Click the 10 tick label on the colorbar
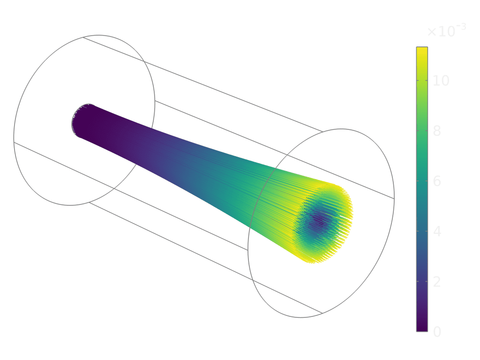[x=441, y=81]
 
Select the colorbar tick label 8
[x=437, y=131]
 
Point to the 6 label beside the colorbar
[x=437, y=181]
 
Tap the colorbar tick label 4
[x=437, y=232]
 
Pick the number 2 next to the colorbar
[x=437, y=282]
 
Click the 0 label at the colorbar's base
[x=437, y=332]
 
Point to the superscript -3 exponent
[x=460, y=27]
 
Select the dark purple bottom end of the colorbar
[x=422, y=329]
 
